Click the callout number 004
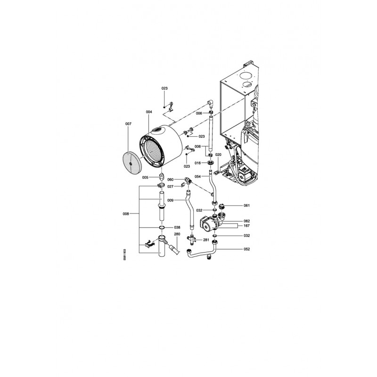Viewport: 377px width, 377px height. (149, 112)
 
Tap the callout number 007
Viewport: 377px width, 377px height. (128, 124)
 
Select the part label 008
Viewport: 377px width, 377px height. (126, 214)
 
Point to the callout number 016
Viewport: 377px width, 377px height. (197, 163)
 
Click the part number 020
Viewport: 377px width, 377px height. (218, 155)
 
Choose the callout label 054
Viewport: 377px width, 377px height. (197, 176)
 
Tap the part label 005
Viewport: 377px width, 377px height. (145, 178)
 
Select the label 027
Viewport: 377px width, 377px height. (170, 187)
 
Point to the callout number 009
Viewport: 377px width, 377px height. (170, 200)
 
